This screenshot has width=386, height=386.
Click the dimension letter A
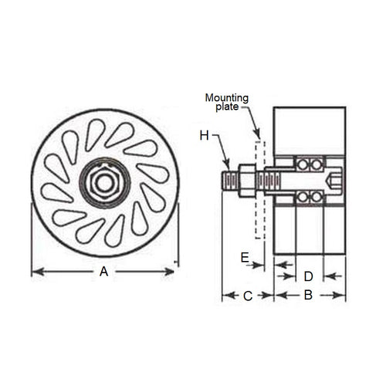coord(103,271)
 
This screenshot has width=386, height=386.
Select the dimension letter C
coord(248,294)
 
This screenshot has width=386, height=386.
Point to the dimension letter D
coord(307,275)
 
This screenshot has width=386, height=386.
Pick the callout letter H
coord(204,135)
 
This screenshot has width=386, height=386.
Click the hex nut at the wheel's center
coord(103,182)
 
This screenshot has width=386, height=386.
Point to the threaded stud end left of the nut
coord(229,182)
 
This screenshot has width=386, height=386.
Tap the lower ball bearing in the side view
coord(309,198)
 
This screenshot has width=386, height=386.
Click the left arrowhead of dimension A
coord(34,271)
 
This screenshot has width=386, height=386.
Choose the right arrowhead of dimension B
coord(343,294)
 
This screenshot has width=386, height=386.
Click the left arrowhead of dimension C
coord(225,294)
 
